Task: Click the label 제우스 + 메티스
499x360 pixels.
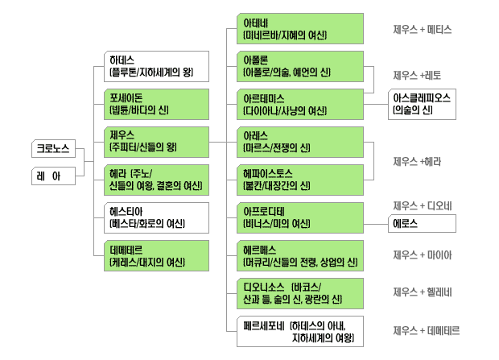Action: [422, 29]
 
